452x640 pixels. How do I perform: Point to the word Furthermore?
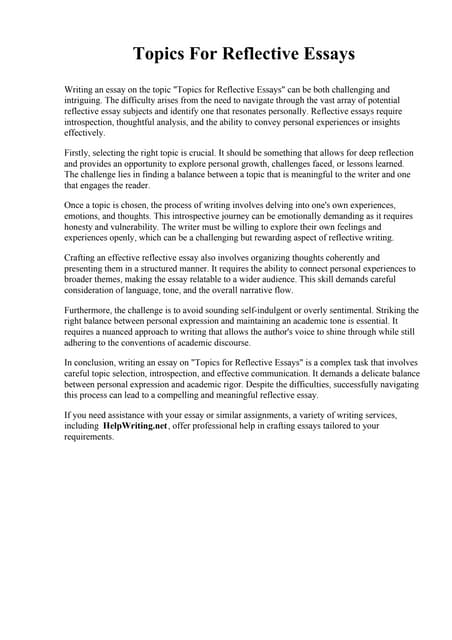91,311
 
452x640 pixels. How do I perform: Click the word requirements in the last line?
90,436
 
